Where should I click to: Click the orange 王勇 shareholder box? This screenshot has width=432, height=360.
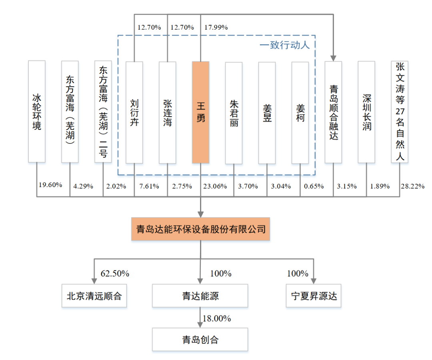(x=200, y=112)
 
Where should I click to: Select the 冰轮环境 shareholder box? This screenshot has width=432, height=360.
(x=37, y=111)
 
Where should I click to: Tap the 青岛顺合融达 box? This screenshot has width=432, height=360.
(x=333, y=112)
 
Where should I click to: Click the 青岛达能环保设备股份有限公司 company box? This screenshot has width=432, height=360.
(x=200, y=229)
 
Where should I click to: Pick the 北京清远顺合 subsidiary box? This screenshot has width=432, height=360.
(x=94, y=296)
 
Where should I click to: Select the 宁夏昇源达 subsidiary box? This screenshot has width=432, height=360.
(x=314, y=296)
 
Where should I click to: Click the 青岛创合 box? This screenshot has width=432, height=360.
(x=200, y=340)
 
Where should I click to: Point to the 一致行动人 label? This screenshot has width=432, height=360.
(x=284, y=44)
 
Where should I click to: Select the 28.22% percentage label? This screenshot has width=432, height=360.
(x=412, y=186)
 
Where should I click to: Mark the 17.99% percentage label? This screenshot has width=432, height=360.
(x=216, y=28)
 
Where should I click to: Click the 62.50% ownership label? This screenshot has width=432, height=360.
(x=115, y=274)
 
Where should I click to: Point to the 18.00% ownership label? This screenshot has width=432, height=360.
(x=217, y=318)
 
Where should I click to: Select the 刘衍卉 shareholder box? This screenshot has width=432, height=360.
(x=134, y=112)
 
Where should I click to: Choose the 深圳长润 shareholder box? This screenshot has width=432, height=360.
(x=366, y=112)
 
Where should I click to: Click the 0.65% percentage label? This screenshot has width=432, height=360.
(x=314, y=186)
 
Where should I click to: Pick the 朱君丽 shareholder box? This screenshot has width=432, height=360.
(x=234, y=113)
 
